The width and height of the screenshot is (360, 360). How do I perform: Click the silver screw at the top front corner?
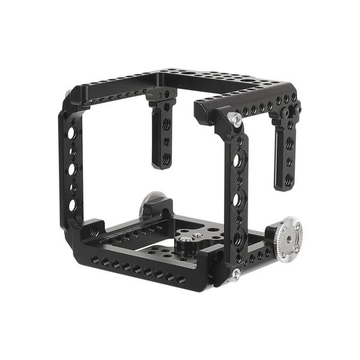(237, 121)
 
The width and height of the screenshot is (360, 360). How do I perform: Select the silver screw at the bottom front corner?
(236, 273)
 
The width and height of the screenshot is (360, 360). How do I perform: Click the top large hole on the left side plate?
(71, 133)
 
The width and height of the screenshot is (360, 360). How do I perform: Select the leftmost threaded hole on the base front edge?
(95, 260)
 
